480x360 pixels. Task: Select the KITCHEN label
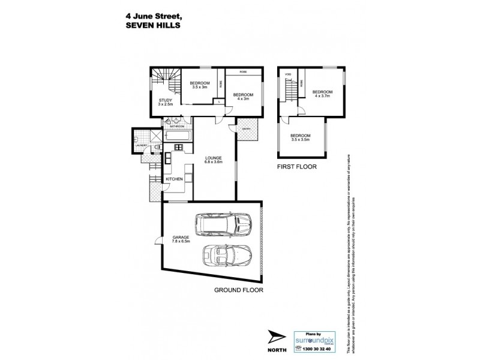pyautogui.click(x=174, y=179)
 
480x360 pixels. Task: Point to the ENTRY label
pyautogui.click(x=247, y=128)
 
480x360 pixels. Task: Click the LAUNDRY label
pyautogui.click(x=141, y=145)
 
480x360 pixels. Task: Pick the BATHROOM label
pyautogui.click(x=176, y=127)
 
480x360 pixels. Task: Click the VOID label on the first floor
pyautogui.click(x=288, y=74)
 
